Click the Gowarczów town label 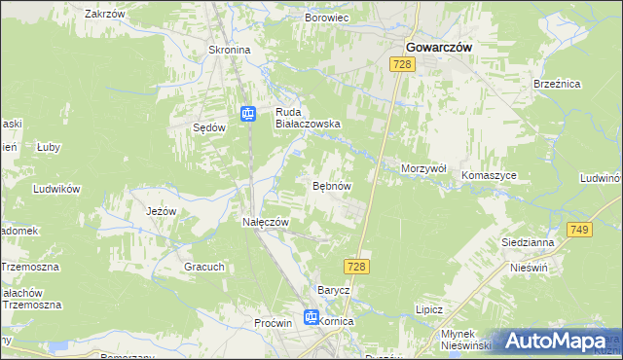438,45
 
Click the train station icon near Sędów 248,114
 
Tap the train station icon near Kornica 311,316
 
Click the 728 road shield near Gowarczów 403,64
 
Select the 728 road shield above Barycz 355,266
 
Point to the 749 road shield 580,229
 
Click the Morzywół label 423,168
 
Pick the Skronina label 230,50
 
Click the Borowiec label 327,18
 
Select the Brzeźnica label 557,85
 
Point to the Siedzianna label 527,242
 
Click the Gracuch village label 204,266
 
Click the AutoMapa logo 556,341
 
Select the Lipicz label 428,308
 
